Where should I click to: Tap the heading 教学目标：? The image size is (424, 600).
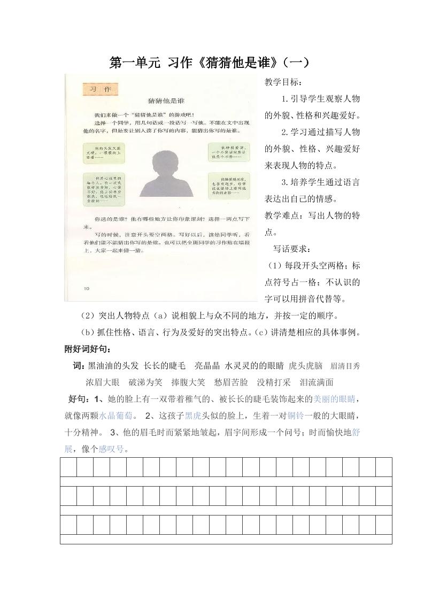[283, 82]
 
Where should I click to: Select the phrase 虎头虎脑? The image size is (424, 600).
[305, 366]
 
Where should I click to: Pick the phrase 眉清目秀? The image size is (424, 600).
[345, 366]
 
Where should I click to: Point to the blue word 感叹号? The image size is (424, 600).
[111, 449]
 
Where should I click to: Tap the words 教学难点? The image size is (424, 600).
[283, 216]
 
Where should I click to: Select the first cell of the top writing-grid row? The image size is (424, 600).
[68, 467]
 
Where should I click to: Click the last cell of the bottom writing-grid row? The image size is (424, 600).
[383, 525]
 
